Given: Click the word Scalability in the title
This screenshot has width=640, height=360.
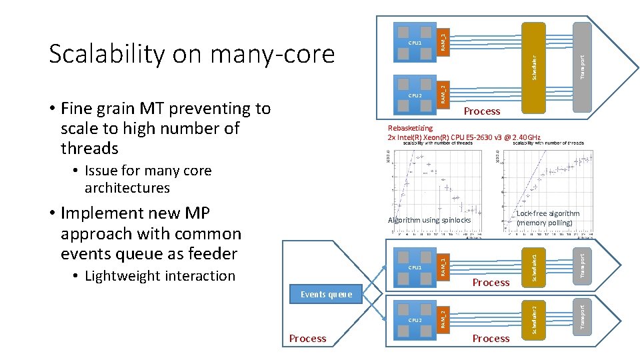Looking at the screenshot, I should coord(106,53).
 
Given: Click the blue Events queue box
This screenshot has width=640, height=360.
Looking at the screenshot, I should coord(327,294).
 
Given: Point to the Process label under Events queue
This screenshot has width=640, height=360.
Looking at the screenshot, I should coord(307,339).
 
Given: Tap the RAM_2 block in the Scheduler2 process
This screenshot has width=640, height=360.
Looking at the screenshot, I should coord(443,318).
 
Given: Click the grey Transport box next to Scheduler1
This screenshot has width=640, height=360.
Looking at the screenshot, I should coord(581,263).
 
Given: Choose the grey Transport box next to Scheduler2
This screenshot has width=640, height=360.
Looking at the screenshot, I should coord(581,315).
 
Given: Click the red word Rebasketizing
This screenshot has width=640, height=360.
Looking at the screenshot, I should coord(410,128).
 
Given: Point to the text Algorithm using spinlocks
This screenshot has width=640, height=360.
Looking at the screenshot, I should coord(429,220).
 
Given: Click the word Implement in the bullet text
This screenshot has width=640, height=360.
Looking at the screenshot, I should coord(101,213).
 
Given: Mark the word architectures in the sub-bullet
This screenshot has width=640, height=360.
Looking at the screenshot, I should coord(127,188).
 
